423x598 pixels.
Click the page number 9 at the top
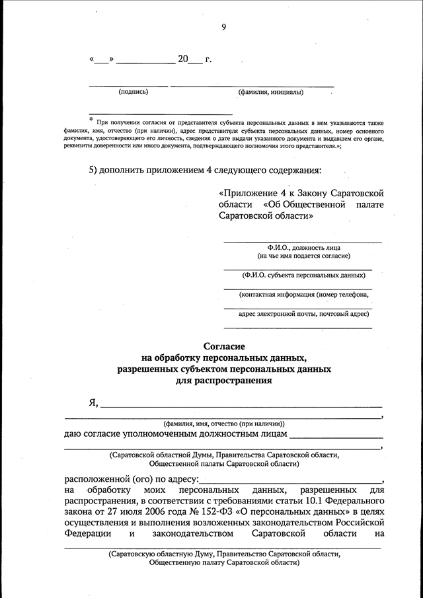(x=223, y=27)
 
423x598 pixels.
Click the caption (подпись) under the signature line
(x=133, y=92)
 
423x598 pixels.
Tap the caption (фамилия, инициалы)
(x=271, y=92)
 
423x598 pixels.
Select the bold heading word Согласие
(x=223, y=346)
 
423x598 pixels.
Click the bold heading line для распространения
(x=223, y=381)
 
